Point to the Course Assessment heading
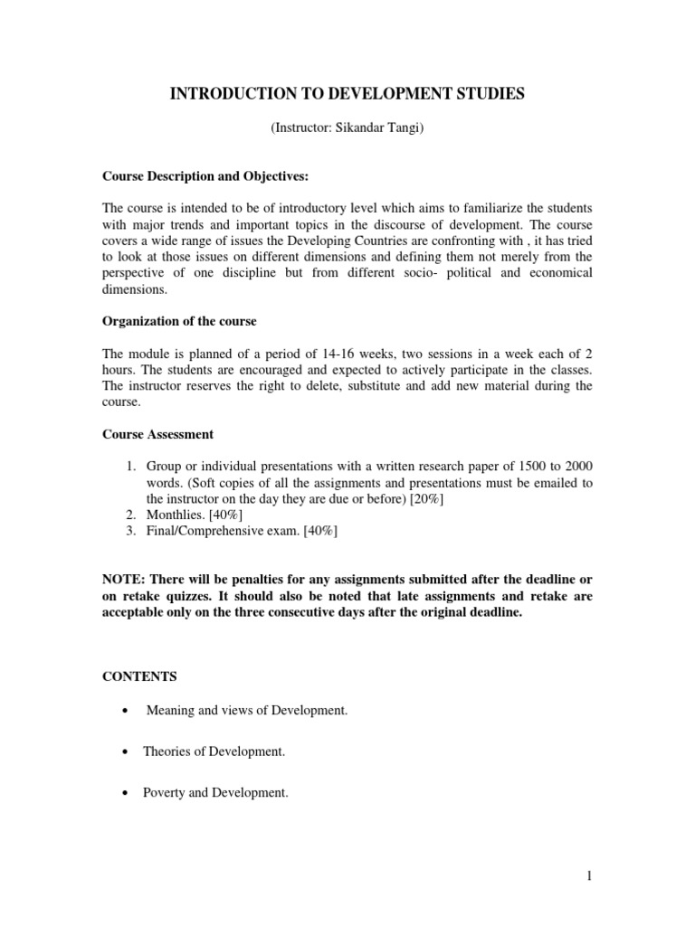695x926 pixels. tap(157, 434)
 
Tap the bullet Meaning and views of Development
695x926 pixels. tap(247, 711)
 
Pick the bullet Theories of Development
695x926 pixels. tap(214, 751)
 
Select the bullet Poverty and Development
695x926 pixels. tap(215, 793)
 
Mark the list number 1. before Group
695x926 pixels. tap(131, 466)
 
